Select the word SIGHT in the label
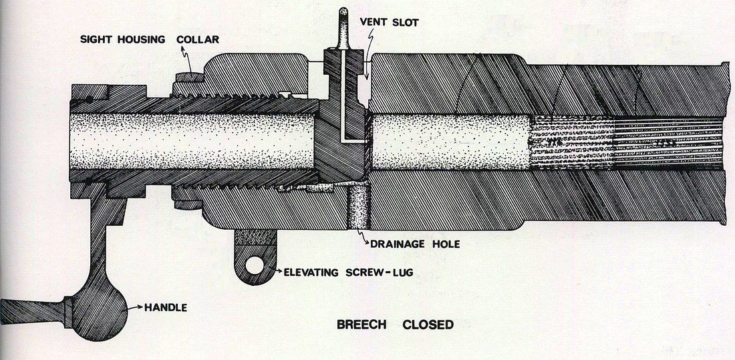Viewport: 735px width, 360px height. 95,39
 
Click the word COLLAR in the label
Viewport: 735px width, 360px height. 198,39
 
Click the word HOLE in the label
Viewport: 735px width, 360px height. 446,244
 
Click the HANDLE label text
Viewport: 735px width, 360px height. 166,307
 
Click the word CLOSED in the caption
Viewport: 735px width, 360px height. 428,325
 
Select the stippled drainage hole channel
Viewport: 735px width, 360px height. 359,206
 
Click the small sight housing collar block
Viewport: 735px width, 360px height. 188,77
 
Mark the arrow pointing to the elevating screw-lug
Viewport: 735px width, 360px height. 276,271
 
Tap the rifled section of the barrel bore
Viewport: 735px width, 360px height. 626,142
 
